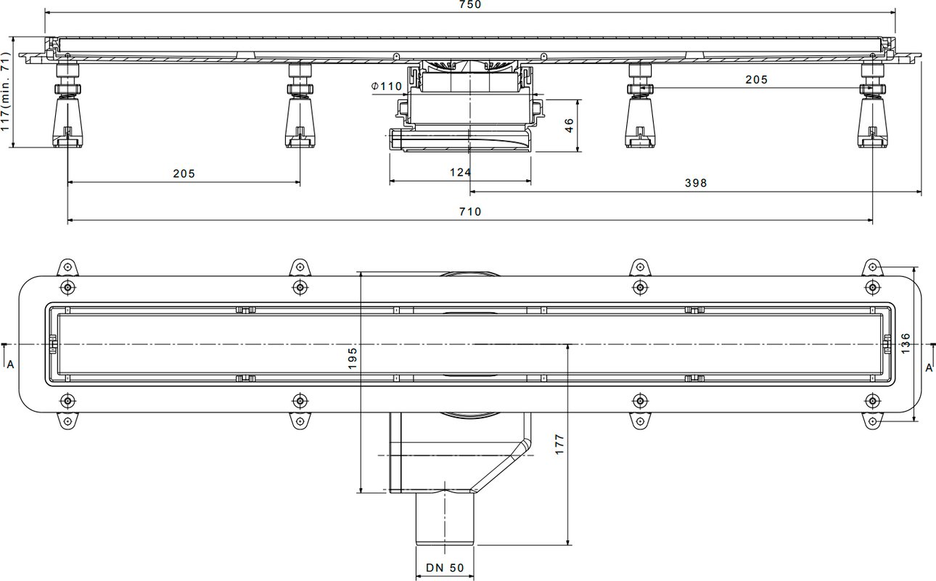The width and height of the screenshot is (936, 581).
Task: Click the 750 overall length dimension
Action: pos(470,4)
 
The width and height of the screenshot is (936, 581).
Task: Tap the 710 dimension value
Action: pos(470,211)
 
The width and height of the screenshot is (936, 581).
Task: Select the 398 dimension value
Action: pos(696,183)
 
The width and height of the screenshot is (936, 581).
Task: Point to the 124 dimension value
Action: pos(460,172)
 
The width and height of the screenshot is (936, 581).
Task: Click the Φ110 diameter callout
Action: pos(387,86)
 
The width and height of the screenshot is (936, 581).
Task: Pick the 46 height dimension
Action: pos(569,126)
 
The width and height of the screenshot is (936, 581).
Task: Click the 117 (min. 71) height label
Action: pos(5,92)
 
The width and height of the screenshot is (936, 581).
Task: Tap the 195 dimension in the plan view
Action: pos(352,359)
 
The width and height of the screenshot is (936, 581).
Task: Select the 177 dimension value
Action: pos(559,444)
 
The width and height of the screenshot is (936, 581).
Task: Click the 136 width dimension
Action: pos(905,343)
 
